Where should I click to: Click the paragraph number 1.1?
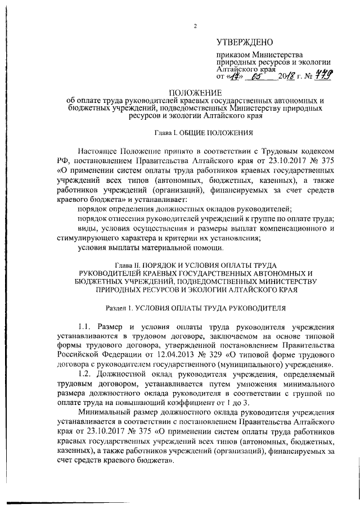pyautogui.click(x=85, y=326)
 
